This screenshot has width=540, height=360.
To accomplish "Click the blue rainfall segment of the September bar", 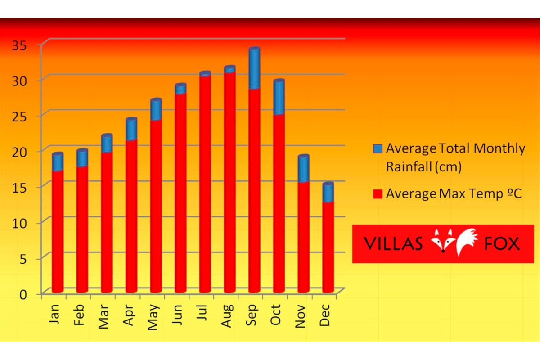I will pos(254,69).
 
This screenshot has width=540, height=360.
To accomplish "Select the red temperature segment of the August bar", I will pos(229,180).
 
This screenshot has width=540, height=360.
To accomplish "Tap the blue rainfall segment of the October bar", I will pos(279,97).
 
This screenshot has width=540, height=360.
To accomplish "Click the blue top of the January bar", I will pos(58,162).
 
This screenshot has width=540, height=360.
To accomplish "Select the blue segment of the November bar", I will pos(304,169).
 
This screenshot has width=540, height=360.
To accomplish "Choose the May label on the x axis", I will pos(153,316).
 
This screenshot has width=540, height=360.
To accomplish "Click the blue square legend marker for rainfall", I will pos(378,149).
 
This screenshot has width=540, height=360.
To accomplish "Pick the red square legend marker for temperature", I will pos(378,194).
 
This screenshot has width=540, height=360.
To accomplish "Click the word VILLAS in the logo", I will pos(393,244).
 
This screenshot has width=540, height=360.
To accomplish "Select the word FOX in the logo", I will pos(502,244).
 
